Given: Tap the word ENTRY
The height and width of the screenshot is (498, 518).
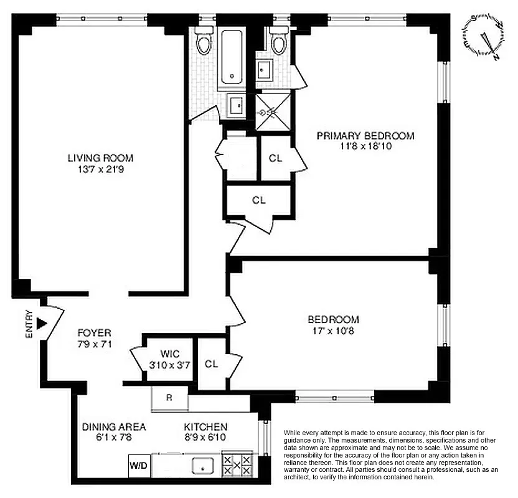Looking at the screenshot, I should (x=29, y=324).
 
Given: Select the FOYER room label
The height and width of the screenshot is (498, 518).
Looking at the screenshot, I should (x=94, y=333).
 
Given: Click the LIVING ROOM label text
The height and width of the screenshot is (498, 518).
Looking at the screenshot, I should (x=100, y=158).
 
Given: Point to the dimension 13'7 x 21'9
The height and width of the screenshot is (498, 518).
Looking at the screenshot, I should (x=100, y=169).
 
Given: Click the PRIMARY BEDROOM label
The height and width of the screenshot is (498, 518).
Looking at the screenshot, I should (x=365, y=136).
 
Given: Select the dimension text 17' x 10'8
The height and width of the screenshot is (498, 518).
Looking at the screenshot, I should (x=334, y=331).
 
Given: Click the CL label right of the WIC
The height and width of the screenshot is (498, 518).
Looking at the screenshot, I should (x=211, y=364).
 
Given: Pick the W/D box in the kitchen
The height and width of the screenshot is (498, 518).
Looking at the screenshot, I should (x=139, y=465).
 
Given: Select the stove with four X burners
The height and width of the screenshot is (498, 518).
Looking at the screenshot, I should (x=237, y=465).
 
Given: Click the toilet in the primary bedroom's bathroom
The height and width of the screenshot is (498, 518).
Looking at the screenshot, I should (x=277, y=42).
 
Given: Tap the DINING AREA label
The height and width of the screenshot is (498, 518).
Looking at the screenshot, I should (x=114, y=427).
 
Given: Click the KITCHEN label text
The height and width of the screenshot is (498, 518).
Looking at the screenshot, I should (x=205, y=427).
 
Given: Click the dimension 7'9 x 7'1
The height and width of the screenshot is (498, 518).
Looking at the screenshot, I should (x=94, y=343).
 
